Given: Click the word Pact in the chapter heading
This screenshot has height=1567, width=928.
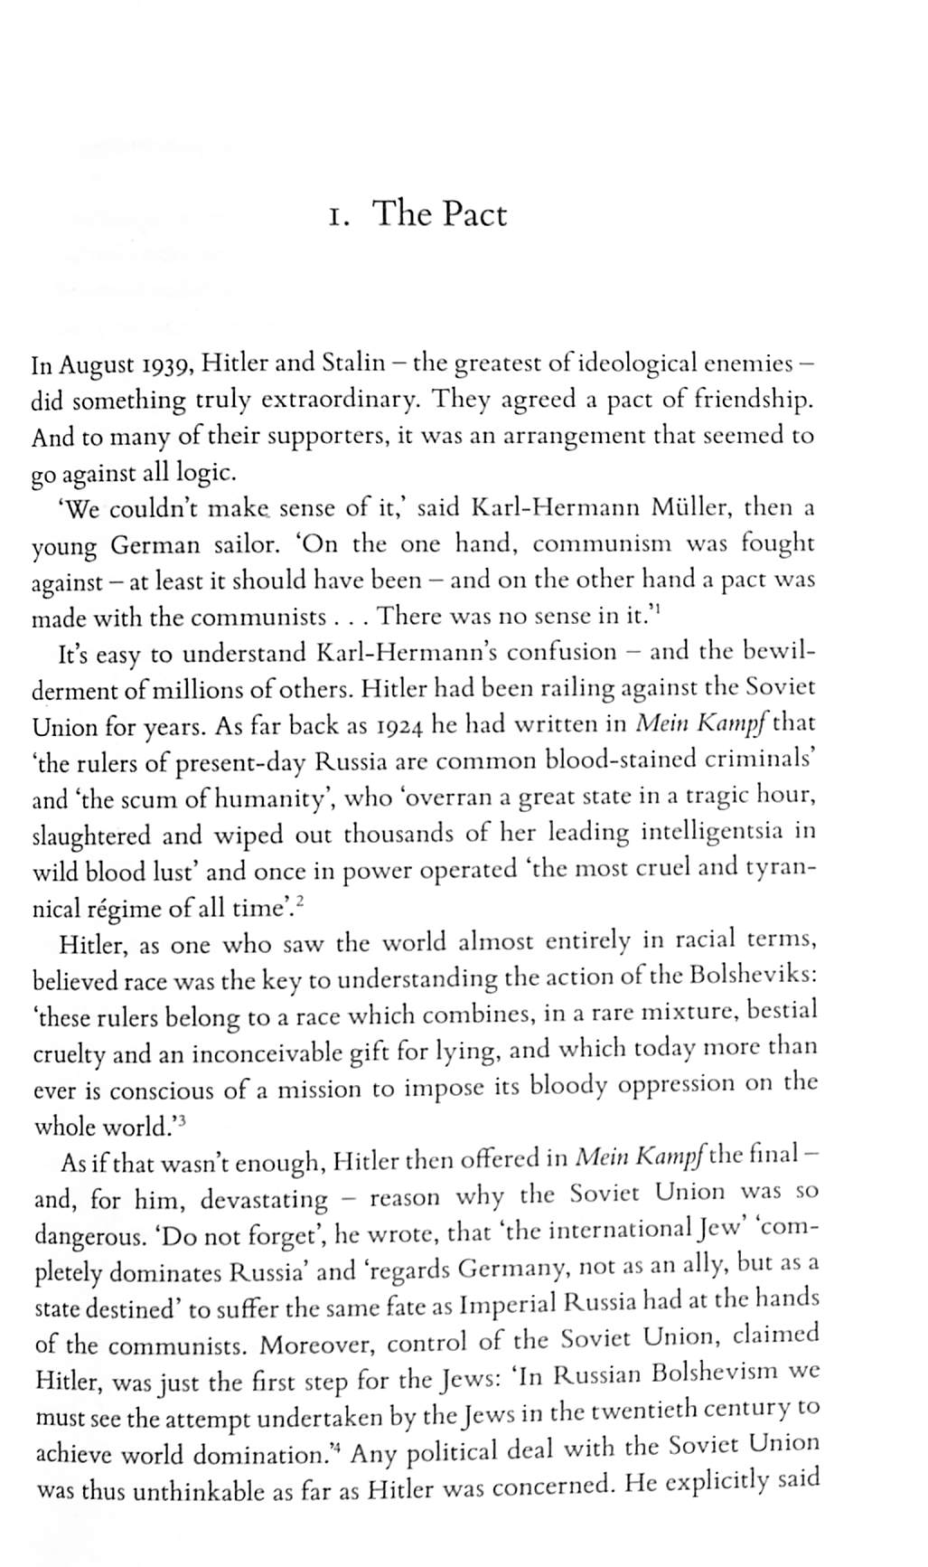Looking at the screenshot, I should pyautogui.click(x=473, y=214).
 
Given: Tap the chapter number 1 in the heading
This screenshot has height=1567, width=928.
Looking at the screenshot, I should pyautogui.click(x=337, y=217).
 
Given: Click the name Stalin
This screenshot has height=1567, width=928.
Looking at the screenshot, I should pyautogui.click(x=352, y=363).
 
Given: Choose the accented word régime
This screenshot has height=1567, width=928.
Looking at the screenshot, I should pyautogui.click(x=121, y=908).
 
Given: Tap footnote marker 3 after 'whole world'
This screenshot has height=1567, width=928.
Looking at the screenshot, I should pyautogui.click(x=181, y=1119).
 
